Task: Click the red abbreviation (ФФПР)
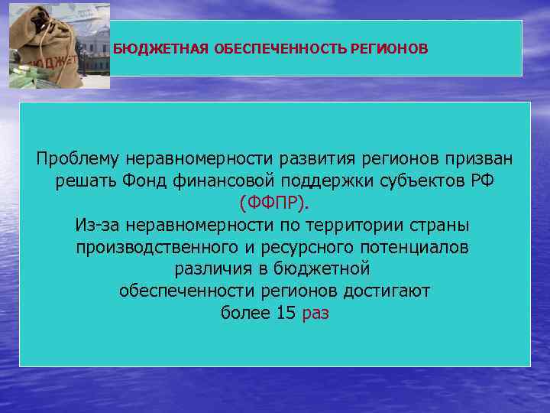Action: [275, 204]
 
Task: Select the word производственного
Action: [157, 249]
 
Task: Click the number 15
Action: [285, 314]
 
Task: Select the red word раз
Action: [316, 314]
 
